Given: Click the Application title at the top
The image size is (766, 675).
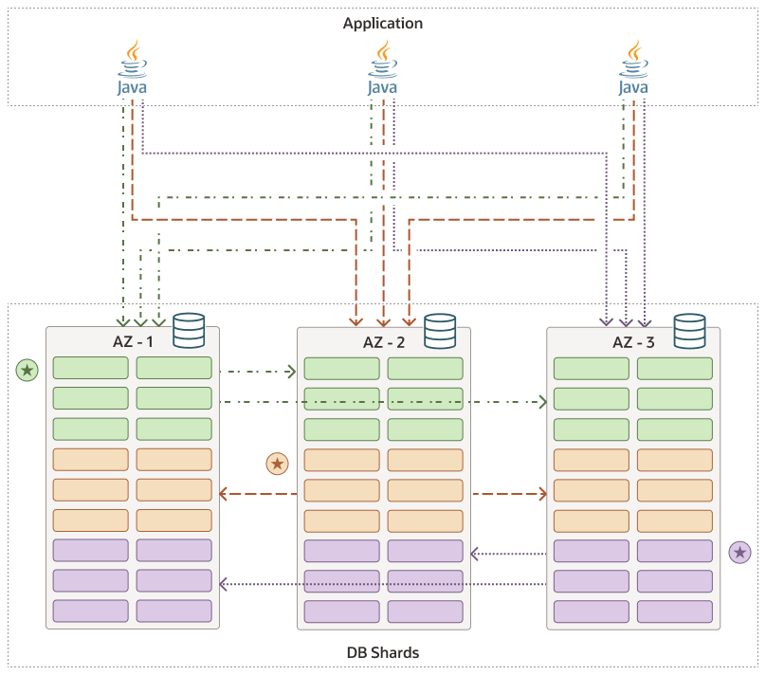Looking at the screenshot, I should tap(382, 23).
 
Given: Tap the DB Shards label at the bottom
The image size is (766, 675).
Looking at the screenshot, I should tap(382, 652).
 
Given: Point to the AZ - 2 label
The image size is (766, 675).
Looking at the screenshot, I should tap(385, 341).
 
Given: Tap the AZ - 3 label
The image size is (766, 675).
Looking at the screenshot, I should tap(635, 341).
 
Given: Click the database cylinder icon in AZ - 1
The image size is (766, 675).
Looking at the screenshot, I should tap(189, 330).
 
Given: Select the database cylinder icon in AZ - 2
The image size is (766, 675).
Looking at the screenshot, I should tap(440, 330).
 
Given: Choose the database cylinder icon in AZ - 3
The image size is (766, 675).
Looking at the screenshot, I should tap(689, 330).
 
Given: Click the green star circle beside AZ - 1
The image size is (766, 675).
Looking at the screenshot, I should tap(27, 369).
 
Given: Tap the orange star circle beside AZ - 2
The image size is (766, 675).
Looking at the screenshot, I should tap(277, 464).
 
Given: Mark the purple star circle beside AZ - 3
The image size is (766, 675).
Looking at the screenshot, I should tap(739, 553).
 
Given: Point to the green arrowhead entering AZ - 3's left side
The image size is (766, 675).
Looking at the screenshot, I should tap(543, 403).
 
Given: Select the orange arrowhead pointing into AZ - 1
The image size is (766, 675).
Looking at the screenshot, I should tap(225, 493).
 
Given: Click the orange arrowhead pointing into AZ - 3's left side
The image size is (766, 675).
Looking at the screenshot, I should tap(543, 493).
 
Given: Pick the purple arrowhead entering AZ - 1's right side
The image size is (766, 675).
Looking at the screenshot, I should tap(225, 583).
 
